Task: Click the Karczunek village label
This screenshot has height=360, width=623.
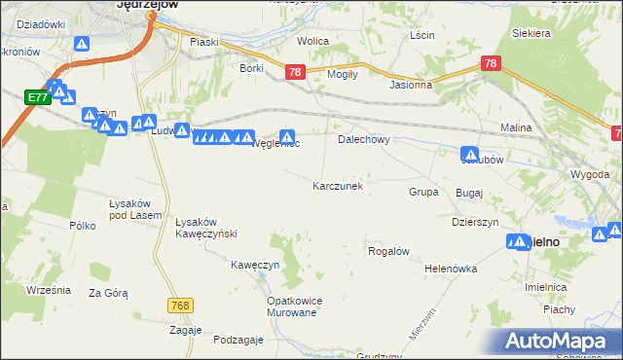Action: click(x=338, y=185)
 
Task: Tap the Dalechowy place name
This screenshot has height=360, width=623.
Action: click(x=363, y=139)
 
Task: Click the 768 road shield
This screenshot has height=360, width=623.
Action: click(x=178, y=305)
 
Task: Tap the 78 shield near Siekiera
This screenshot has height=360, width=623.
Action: click(x=491, y=63)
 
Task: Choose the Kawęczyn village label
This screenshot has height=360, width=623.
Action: click(x=255, y=265)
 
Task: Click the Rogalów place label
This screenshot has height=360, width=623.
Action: click(x=386, y=251)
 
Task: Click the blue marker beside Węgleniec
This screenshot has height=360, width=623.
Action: click(x=287, y=137)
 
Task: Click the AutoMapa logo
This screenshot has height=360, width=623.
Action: click(x=560, y=342)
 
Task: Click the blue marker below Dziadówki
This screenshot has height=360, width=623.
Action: click(x=82, y=45)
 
